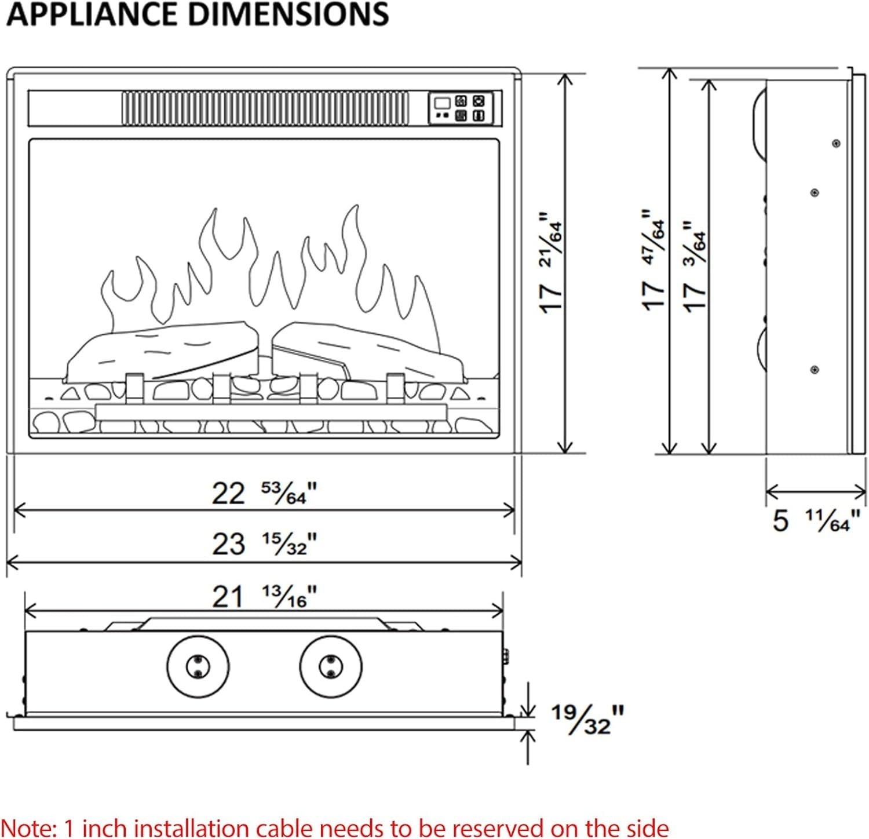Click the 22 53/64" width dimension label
pos(264,493)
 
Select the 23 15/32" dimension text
pos(264,543)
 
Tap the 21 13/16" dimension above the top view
pos(264,596)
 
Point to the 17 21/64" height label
pos(550,263)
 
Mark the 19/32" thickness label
pos(587,718)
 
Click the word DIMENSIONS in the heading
pos(289,14)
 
